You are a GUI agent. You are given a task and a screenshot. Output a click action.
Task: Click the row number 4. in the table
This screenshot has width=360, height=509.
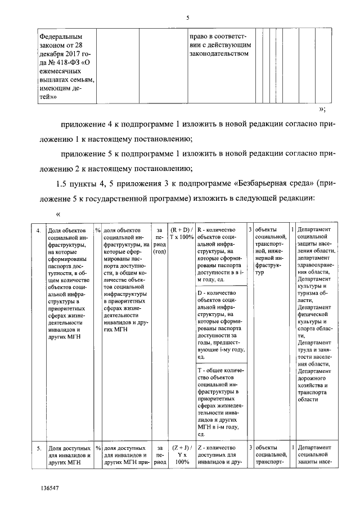pos(39,231)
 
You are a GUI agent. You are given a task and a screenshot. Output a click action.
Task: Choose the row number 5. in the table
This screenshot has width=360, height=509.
pos(39,448)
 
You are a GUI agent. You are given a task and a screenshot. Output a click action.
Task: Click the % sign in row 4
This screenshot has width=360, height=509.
pos(97,230)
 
